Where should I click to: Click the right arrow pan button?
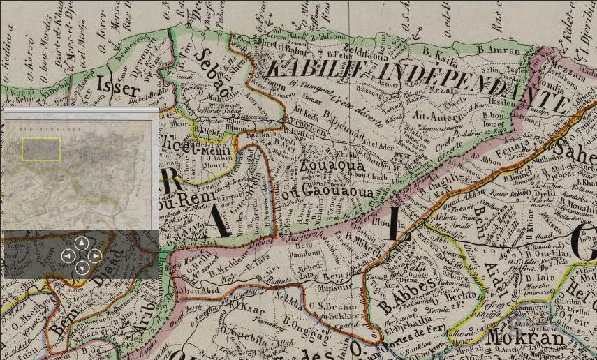(95, 255)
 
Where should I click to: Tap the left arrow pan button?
(68, 255)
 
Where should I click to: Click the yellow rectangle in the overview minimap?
(41, 149)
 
